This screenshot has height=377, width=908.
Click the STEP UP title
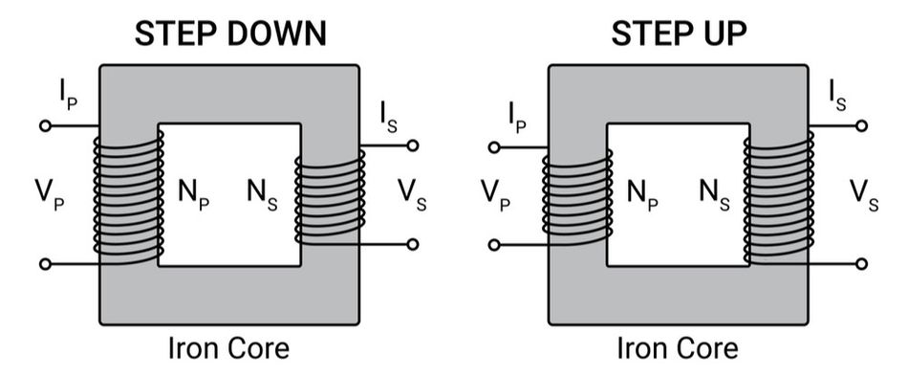(x=680, y=33)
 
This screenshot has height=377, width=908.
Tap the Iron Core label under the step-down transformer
(x=228, y=347)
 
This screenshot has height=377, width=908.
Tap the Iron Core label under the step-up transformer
(x=678, y=347)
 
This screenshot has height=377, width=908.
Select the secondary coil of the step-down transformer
(x=328, y=199)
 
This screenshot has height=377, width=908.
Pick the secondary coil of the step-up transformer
(x=779, y=198)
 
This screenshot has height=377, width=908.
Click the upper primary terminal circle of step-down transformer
(x=43, y=125)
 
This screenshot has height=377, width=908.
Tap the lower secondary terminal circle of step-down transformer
(x=413, y=244)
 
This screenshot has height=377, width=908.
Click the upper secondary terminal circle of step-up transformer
(x=862, y=125)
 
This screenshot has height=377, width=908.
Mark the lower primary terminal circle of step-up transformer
(x=493, y=245)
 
